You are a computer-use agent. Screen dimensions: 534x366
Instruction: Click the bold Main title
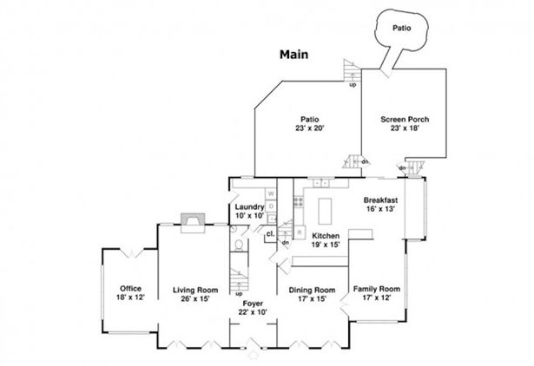[x=293, y=55]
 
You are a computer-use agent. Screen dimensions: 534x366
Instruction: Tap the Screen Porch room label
[x=405, y=120]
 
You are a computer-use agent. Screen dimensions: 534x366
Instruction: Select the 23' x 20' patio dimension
[x=310, y=128]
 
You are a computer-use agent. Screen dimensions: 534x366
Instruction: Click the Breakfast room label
[x=380, y=200]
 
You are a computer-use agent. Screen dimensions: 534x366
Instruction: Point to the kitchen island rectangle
[x=325, y=212]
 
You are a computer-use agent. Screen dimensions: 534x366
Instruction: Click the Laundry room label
[x=249, y=206]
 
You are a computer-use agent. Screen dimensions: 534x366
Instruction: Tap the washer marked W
[x=271, y=194]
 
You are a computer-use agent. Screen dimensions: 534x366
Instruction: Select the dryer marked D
[x=271, y=206]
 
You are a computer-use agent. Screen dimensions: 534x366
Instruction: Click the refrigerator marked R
[x=300, y=232]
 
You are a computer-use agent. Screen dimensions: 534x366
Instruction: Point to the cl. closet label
[x=271, y=234]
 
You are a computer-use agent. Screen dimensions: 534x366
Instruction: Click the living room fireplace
[x=193, y=223]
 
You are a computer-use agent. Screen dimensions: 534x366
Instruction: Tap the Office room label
[x=131, y=289]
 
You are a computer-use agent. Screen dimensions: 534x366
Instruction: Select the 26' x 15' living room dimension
[x=195, y=299]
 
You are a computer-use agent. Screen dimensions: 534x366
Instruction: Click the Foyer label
[x=253, y=304]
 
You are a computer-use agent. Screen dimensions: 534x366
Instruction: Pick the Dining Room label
[x=312, y=291]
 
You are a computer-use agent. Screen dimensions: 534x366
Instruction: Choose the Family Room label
[x=376, y=289]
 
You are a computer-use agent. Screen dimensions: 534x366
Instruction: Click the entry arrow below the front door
[x=254, y=355]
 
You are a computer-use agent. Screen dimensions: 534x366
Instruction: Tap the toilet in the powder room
[x=239, y=245]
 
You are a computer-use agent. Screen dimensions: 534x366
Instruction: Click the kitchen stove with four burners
[x=299, y=202]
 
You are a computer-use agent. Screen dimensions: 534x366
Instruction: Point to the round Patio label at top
[x=401, y=28]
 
